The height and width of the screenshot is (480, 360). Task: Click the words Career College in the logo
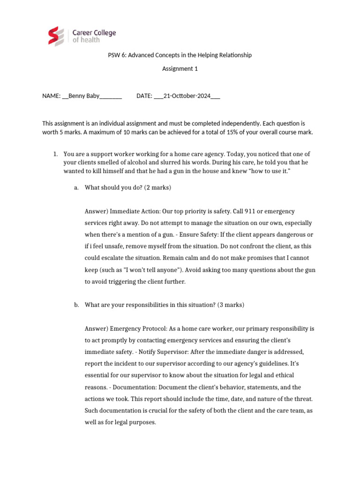94,33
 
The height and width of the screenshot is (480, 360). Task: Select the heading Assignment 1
180,69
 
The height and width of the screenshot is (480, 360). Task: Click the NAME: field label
51,96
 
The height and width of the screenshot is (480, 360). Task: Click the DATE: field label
144,96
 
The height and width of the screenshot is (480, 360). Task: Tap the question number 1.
54,154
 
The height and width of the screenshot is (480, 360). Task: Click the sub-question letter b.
76,305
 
